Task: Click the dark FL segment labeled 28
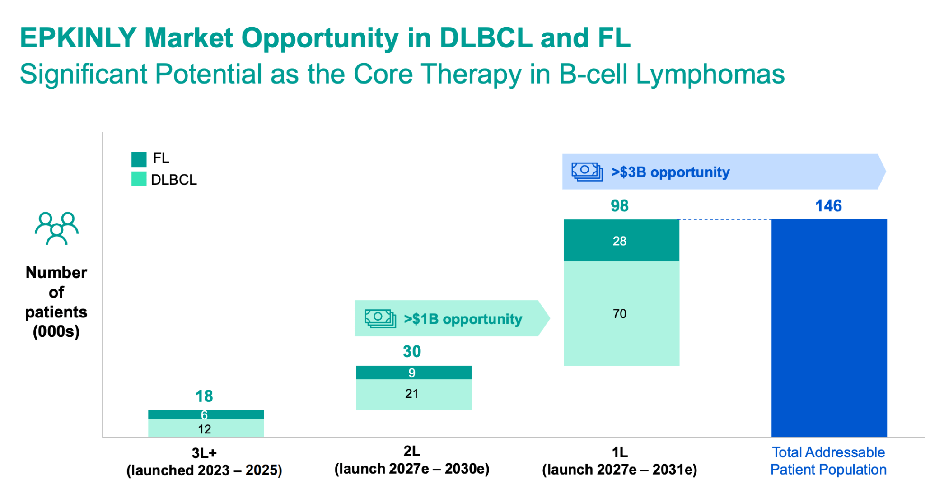click(621, 240)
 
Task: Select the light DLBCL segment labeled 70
click(621, 313)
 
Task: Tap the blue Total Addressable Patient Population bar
click(829, 328)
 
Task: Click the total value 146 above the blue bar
click(828, 206)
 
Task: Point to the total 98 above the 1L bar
click(619, 206)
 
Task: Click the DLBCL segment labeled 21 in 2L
click(413, 394)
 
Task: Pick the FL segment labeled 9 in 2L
click(413, 373)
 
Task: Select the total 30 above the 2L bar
click(411, 351)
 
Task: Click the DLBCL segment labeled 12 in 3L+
click(206, 428)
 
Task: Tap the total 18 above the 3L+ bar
click(204, 396)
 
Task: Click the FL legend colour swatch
click(139, 159)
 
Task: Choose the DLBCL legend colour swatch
click(139, 179)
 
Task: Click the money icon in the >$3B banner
click(587, 172)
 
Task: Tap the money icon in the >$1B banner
click(380, 318)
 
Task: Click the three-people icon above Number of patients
click(56, 228)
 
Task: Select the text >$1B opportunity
click(463, 319)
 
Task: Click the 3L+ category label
click(204, 453)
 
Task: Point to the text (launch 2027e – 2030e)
click(411, 469)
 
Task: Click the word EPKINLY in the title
click(78, 37)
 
